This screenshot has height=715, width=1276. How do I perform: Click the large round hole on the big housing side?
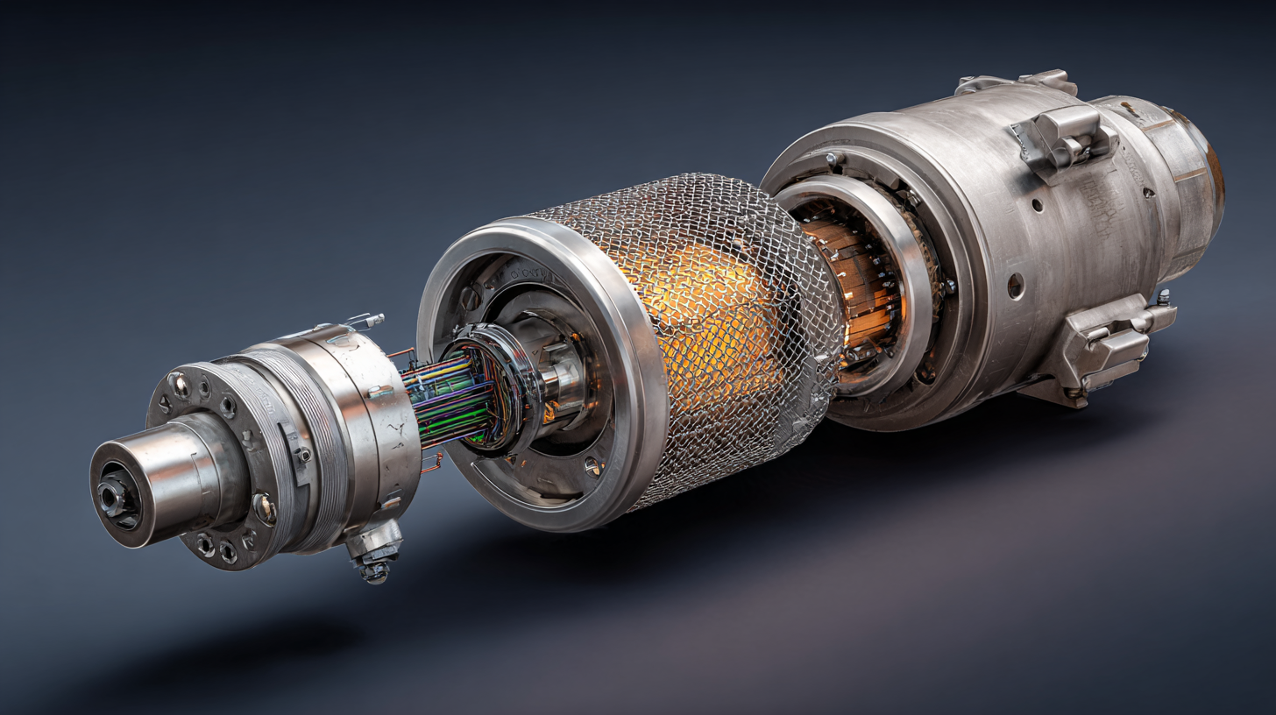click(x=1015, y=285)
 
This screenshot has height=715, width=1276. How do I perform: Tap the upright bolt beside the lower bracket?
click(x=1164, y=299)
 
